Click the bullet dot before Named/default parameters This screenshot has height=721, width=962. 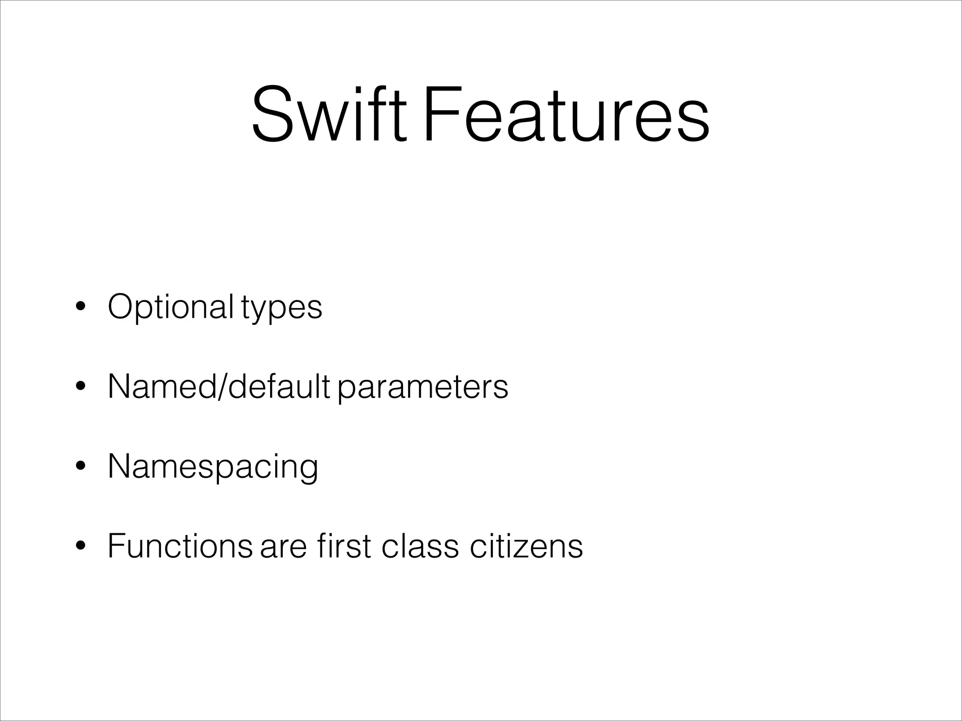coord(80,387)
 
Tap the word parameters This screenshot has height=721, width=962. coord(423,388)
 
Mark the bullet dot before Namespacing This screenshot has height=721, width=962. coord(80,467)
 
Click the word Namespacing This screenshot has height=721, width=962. coord(213,468)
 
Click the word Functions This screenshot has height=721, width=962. coord(180,546)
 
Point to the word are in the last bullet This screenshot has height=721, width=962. coord(283,547)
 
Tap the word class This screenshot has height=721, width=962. coord(419,546)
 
